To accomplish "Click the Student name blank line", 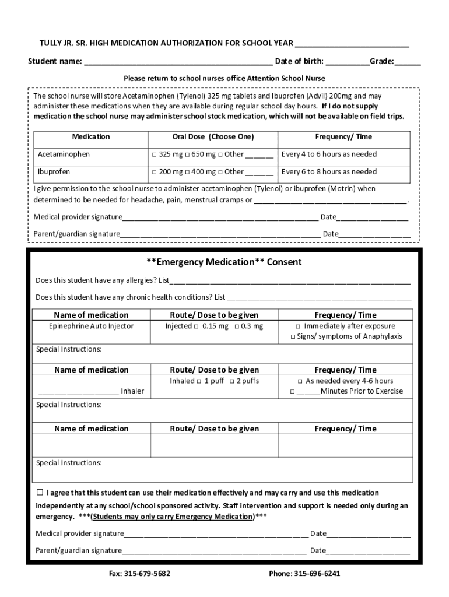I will click(x=178, y=62).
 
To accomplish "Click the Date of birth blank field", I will click(x=348, y=62).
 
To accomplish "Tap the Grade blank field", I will click(x=410, y=62).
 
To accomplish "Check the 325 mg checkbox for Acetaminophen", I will click(x=155, y=155).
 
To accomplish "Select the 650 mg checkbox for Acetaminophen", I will click(x=188, y=155).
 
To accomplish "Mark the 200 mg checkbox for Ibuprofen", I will click(x=155, y=173).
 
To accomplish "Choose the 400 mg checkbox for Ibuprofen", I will click(x=188, y=173).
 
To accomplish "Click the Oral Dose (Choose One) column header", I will click(x=213, y=137).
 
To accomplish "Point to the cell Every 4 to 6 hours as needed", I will click(x=329, y=154).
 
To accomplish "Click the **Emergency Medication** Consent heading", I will click(x=224, y=262).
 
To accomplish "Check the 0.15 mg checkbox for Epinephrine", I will click(x=197, y=326).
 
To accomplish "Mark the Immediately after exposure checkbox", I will click(x=298, y=326).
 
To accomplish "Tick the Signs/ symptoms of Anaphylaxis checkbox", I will click(x=293, y=337).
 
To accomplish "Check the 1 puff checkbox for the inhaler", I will click(x=199, y=381).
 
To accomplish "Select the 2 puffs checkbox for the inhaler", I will click(x=231, y=381).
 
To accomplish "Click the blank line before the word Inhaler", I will click(x=79, y=391).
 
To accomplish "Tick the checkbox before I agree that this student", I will click(x=40, y=492).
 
